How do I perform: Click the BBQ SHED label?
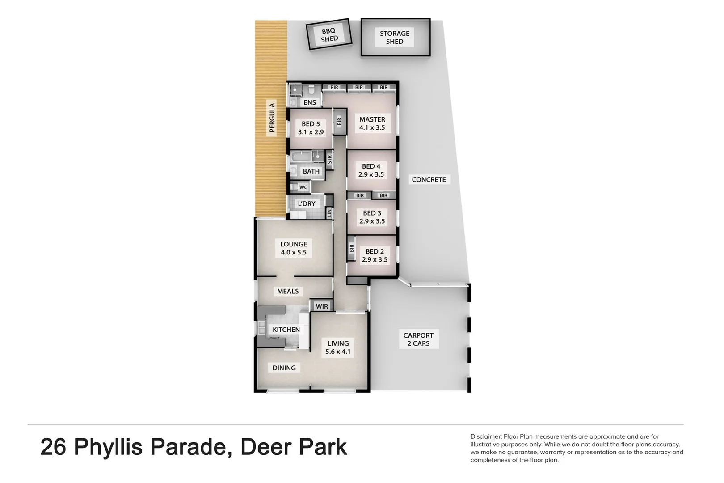pos(329,35)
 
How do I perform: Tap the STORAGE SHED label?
pos(395,37)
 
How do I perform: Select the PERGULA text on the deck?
pos(272,118)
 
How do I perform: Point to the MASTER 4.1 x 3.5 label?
pos(372,123)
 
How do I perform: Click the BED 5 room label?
pos(311,128)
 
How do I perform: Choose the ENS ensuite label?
pos(310,102)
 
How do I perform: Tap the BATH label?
pos(311,171)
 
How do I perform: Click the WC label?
pos(303,187)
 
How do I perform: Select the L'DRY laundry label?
pos(307,204)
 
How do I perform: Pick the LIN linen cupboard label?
pos(329,213)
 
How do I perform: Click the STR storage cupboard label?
pos(330,159)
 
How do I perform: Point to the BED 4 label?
pos(371,170)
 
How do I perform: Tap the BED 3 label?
pos(372,217)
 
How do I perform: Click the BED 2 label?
pos(375,255)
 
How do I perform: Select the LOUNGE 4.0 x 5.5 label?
pos(294,248)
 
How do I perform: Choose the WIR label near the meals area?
pos(322,306)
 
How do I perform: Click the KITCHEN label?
pos(286,330)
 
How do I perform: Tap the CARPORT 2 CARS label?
pos(418,339)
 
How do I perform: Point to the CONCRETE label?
pos(429,179)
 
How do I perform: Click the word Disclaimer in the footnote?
pos(485,436)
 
